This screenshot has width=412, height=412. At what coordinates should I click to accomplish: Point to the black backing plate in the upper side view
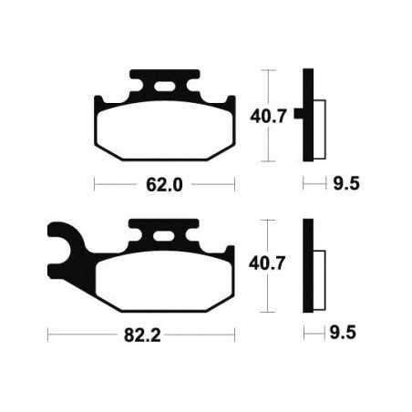click(x=308, y=115)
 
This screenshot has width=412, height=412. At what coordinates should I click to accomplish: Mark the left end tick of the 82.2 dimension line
click(x=48, y=336)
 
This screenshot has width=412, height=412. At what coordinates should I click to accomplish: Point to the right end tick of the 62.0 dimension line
click(x=235, y=184)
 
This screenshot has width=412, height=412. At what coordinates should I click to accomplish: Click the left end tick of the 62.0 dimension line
click(x=96, y=184)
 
